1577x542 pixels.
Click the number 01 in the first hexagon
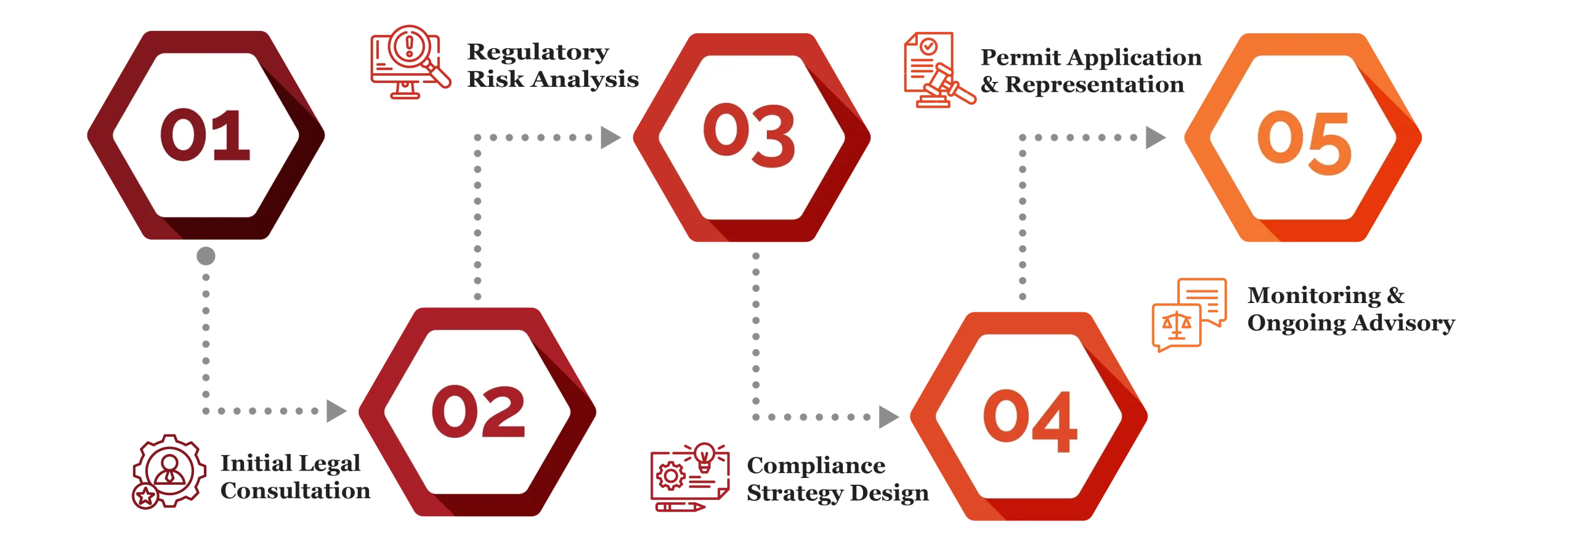click(x=205, y=135)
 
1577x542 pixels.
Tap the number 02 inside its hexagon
click(x=478, y=411)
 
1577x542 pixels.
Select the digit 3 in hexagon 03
click(x=772, y=136)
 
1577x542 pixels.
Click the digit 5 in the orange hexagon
click(x=1328, y=144)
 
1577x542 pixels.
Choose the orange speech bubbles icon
click(x=1189, y=314)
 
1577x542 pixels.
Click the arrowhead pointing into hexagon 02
click(x=336, y=411)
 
